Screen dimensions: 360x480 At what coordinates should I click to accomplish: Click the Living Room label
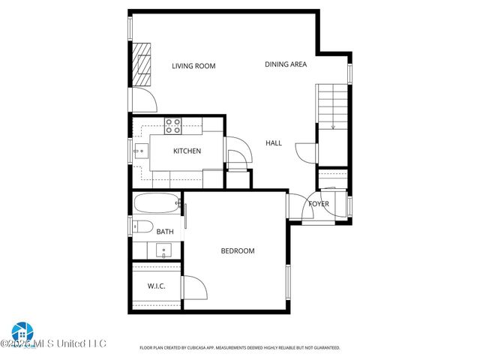pos(193,66)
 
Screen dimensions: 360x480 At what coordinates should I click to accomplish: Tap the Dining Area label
pos(286,64)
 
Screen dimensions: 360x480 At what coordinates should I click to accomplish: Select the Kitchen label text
pos(187,151)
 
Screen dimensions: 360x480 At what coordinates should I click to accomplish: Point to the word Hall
pos(274,142)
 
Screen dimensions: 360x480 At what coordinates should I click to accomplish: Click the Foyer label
pos(319,203)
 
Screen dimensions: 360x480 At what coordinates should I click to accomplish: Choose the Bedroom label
pos(237,251)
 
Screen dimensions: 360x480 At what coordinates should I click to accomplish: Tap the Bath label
pos(165,232)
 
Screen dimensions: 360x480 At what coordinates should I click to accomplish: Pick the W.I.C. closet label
pos(156,286)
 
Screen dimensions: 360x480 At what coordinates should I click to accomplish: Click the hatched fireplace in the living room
pos(142,65)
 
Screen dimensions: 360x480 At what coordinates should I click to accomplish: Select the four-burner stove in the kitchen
pos(173,124)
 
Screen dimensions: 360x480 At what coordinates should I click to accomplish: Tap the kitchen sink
pos(140,151)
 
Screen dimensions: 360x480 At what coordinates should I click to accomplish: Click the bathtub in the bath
pos(156,202)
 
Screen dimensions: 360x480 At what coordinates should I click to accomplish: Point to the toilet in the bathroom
pos(142,227)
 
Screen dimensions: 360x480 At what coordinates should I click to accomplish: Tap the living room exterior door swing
pos(145,100)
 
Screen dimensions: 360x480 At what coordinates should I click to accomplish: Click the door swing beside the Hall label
pos(306,152)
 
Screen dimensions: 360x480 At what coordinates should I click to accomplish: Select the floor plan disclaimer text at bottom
pos(240,348)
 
